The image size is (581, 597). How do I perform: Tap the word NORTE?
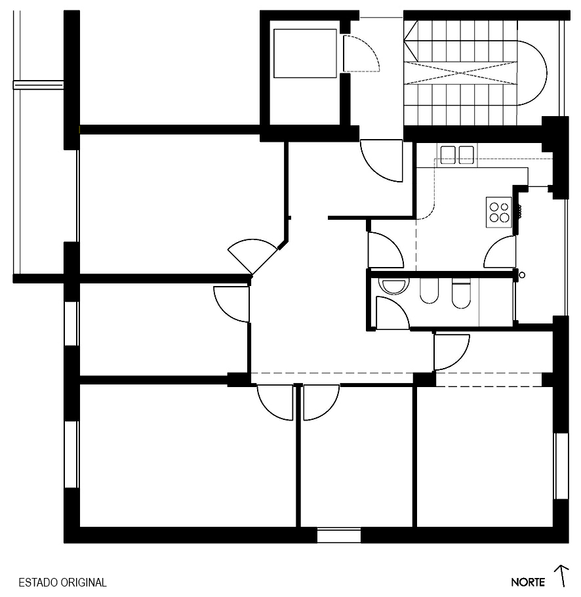tap(528, 583)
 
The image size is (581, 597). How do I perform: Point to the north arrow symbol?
tap(561, 576)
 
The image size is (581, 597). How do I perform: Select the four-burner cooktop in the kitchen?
tap(499, 212)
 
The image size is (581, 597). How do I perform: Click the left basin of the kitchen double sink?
tap(448, 155)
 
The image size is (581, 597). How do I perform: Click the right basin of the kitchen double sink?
tap(466, 155)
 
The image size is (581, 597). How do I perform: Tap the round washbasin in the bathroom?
tap(395, 286)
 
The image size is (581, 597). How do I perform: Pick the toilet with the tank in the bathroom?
tap(461, 293)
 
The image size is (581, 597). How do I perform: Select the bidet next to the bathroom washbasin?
tap(430, 291)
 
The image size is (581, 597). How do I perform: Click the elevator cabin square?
tap(305, 53)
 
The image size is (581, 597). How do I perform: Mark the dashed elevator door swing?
tap(361, 53)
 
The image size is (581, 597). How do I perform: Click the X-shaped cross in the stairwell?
tap(461, 72)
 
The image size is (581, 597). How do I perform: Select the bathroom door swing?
tap(393, 312)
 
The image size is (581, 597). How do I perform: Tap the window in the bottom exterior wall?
tap(339, 535)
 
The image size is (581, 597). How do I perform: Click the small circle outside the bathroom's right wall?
tap(522, 275)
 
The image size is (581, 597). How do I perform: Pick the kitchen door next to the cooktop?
tap(500, 252)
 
